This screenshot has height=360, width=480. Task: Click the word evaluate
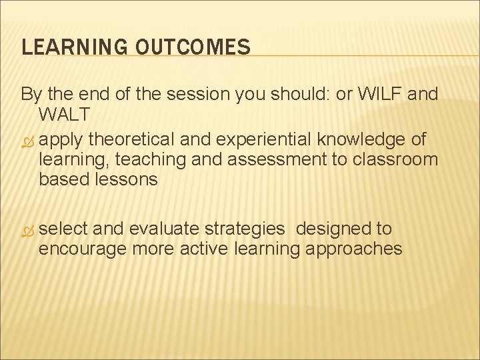tap(165, 229)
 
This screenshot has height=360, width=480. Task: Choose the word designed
tap(334, 229)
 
